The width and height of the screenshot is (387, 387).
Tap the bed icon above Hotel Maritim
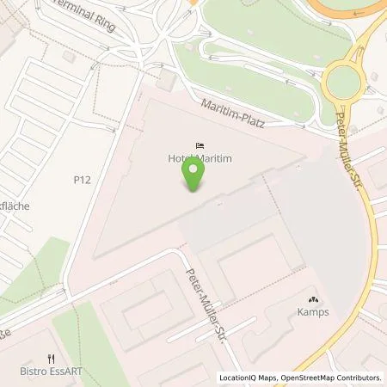(200, 145)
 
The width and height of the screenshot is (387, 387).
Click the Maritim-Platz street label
(230, 114)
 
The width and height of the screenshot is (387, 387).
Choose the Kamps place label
(314, 312)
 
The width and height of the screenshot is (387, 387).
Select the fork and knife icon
(51, 360)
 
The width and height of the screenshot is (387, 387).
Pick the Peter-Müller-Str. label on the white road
(209, 297)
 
